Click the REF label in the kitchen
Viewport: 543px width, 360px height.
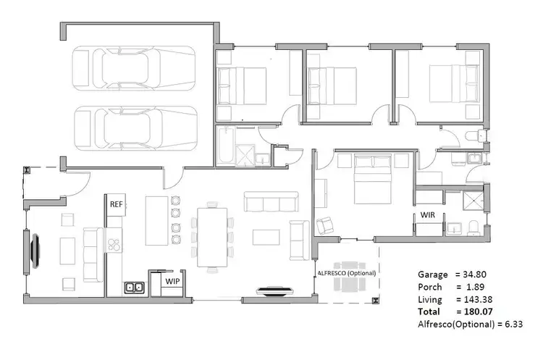(116, 204)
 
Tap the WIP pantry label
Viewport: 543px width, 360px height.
(172, 280)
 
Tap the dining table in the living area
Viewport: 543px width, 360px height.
(213, 237)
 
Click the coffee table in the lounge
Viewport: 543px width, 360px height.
(265, 236)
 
